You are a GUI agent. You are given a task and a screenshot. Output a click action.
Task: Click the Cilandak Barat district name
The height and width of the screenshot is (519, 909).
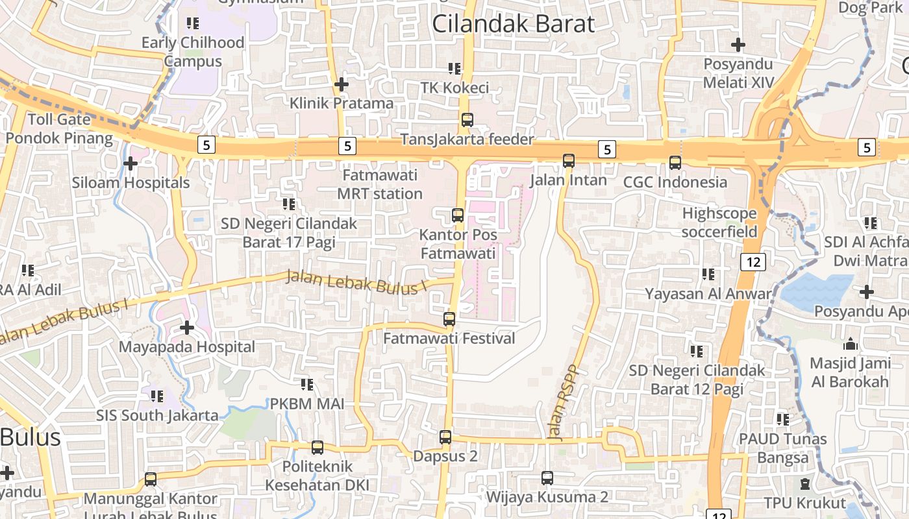click(x=513, y=24)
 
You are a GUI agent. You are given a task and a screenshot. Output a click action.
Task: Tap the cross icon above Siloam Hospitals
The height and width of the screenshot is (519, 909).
click(x=131, y=163)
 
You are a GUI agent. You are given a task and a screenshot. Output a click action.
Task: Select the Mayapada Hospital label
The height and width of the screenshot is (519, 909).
click(x=186, y=347)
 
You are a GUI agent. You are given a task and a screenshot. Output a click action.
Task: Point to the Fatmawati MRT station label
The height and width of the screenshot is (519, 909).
click(x=380, y=185)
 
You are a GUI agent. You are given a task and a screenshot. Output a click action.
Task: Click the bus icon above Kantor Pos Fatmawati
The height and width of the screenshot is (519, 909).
click(x=458, y=215)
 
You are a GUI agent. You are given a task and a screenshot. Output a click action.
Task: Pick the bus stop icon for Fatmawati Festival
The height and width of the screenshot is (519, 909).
click(x=449, y=319)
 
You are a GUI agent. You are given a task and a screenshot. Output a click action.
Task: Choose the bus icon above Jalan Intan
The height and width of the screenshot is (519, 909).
click(x=569, y=160)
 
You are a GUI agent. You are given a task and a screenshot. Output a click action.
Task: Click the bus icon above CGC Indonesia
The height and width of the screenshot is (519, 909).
click(x=675, y=162)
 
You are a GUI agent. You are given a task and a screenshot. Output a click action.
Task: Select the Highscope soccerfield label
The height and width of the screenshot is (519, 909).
click(x=719, y=223)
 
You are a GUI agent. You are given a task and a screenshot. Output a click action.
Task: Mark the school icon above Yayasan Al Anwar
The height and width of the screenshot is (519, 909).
click(x=708, y=274)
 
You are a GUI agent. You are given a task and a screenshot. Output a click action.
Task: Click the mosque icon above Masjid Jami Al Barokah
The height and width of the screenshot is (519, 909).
click(x=849, y=344)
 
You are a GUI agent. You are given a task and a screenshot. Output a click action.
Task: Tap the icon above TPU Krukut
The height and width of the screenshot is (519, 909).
click(x=805, y=484)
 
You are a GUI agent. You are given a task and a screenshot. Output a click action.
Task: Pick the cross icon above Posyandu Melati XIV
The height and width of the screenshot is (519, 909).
click(x=738, y=45)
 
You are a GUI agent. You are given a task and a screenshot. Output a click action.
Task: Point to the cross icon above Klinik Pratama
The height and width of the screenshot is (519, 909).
click(x=342, y=84)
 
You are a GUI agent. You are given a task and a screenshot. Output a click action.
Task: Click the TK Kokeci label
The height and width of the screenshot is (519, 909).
click(x=454, y=88)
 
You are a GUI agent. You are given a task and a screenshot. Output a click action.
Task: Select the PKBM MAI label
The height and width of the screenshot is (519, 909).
click(x=307, y=404)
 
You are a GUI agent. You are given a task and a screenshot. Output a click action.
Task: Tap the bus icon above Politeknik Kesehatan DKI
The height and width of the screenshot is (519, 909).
click(x=317, y=447)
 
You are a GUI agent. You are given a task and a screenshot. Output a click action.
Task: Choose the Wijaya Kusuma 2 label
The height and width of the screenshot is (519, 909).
click(x=547, y=497)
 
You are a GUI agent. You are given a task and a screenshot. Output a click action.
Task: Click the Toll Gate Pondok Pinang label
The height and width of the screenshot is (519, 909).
click(x=59, y=128)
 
